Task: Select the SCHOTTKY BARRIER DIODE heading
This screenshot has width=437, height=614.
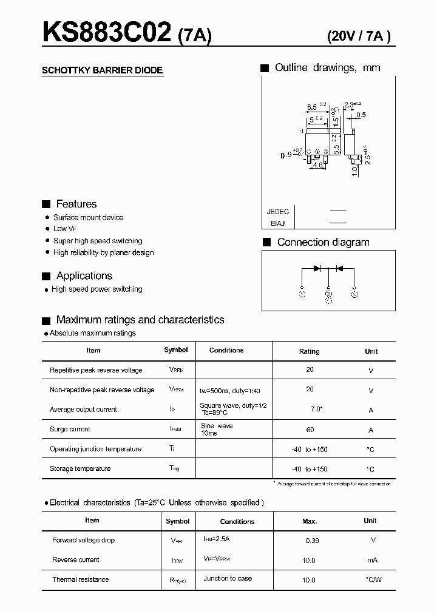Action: [102, 70]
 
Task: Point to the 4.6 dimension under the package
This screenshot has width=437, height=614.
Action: [317, 164]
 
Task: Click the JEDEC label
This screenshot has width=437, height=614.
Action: [278, 212]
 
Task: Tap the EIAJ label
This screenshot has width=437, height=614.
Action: [278, 223]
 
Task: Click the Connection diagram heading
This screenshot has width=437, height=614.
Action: [323, 242]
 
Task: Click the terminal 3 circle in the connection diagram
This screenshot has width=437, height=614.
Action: [354, 295]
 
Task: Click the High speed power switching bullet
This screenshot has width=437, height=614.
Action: [97, 289]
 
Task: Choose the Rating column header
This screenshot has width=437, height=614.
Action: [310, 351]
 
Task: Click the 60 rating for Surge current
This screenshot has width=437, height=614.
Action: [310, 430]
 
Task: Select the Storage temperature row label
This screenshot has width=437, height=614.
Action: [80, 468]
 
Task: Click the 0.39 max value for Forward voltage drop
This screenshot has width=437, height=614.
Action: [311, 540]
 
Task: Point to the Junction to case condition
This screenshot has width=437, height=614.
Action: [228, 578]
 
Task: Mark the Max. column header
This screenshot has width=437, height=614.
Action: [310, 521]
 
